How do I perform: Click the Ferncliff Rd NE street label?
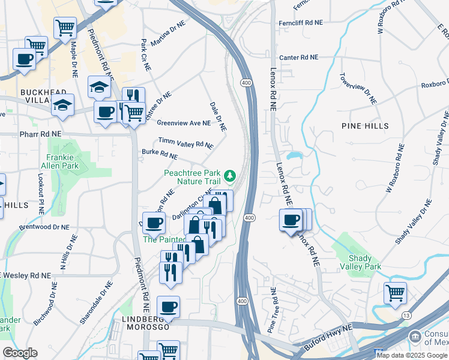(300, 22)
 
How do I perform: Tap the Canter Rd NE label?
(297, 58)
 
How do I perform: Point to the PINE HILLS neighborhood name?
(365, 126)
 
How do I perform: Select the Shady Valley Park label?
(364, 262)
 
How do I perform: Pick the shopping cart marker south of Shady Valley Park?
(395, 293)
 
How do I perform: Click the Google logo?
(20, 353)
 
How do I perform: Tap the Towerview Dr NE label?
(358, 89)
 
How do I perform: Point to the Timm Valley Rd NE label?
(185, 143)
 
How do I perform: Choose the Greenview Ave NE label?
(184, 123)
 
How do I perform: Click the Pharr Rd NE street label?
(41, 134)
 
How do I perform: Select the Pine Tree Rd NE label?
(271, 310)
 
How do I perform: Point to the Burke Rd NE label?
(159, 155)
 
